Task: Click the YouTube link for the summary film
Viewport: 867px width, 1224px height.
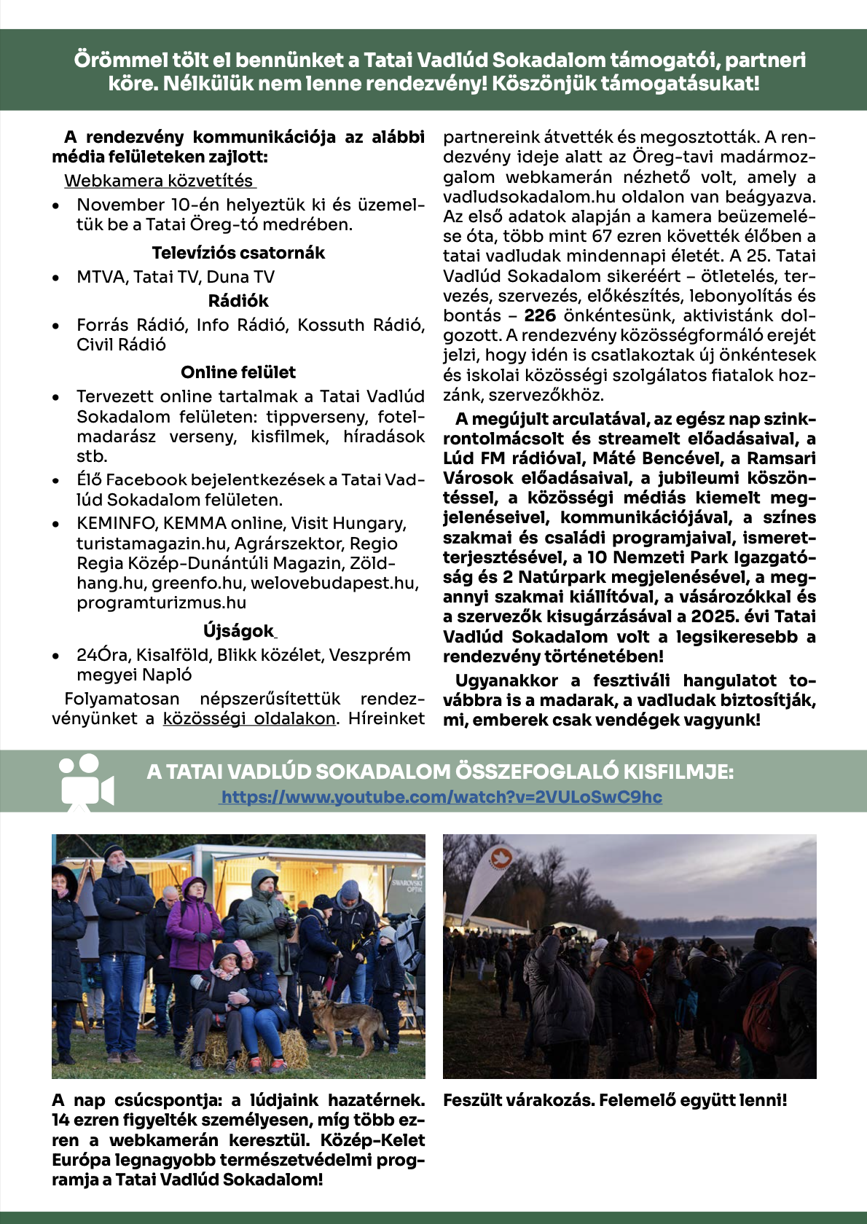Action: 442,797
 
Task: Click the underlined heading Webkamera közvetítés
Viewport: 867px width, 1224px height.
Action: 159,181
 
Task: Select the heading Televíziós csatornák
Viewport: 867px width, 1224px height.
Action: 238,253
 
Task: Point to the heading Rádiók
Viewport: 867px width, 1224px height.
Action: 238,301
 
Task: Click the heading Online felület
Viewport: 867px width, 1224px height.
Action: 238,372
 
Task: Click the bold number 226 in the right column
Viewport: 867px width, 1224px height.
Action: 540,315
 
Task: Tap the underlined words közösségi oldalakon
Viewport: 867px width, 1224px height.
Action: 249,718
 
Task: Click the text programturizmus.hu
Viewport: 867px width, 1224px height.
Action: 161,603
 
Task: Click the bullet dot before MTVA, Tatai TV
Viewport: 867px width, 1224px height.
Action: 56,278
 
